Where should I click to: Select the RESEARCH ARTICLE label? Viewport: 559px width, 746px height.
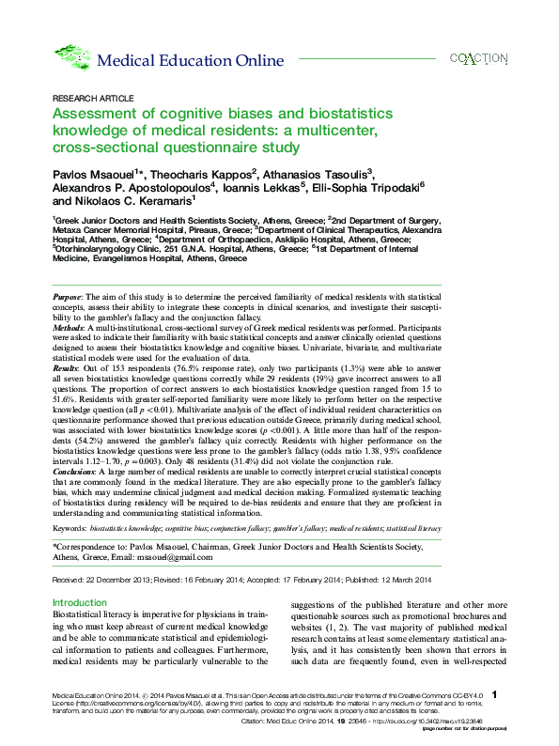pyautogui.click(x=85, y=98)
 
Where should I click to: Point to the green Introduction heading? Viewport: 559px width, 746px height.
pyautogui.click(x=80, y=602)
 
